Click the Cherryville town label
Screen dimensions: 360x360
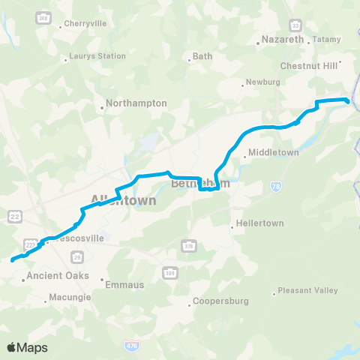point(85,23)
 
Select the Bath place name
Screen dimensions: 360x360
point(202,55)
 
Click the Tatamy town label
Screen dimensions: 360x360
point(326,39)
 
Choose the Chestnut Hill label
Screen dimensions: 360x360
point(307,66)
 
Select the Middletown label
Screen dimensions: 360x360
point(274,152)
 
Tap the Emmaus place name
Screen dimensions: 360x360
point(119,285)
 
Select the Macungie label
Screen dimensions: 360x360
point(70,298)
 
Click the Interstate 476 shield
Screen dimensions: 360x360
point(132,343)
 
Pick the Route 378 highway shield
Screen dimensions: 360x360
point(189,245)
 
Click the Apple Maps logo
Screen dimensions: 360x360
point(27,347)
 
